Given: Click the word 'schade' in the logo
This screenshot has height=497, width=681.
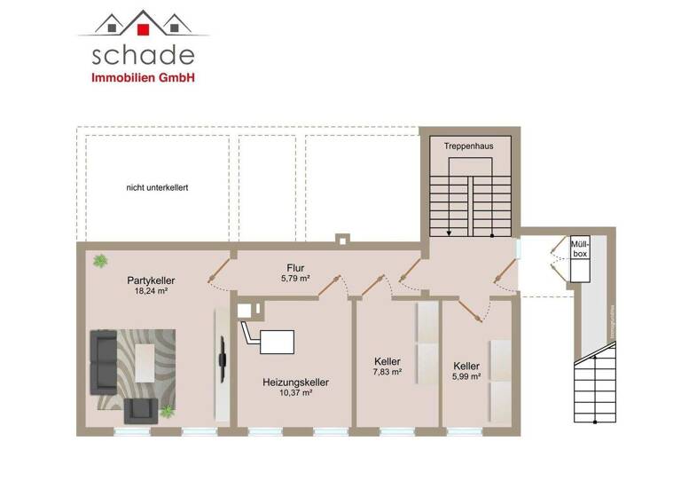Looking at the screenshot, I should click(x=144, y=55).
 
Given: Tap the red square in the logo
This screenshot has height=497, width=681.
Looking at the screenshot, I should click(x=144, y=28).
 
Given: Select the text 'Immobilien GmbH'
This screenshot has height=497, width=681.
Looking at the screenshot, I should click(x=144, y=78).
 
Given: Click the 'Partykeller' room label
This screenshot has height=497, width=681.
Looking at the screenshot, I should click(x=151, y=280).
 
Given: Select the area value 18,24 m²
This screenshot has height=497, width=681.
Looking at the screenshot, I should click(x=151, y=290).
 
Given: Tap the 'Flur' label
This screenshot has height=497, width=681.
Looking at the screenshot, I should click(x=296, y=267).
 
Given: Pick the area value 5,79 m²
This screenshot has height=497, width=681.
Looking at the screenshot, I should click(x=296, y=279).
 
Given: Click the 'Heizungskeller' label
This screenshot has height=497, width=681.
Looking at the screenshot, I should click(x=296, y=383).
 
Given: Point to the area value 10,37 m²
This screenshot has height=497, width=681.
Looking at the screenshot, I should click(x=296, y=393).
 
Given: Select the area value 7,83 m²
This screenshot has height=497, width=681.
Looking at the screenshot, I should click(x=387, y=373).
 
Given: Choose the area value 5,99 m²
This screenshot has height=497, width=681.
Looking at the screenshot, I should click(x=466, y=376).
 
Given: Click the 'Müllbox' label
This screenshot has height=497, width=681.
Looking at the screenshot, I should click(x=580, y=248).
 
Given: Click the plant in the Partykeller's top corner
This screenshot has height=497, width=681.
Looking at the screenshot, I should click(x=100, y=261).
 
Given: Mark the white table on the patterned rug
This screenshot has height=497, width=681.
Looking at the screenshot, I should click(x=143, y=359).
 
